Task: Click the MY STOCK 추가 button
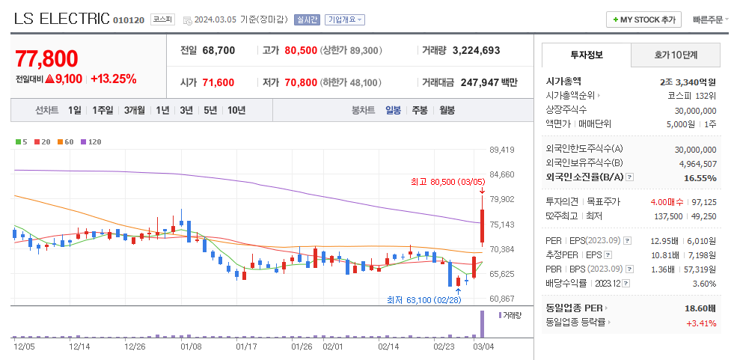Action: (x=643, y=19)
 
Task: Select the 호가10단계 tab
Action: (x=675, y=55)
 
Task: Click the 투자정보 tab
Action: (x=586, y=55)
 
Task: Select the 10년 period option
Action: (x=236, y=110)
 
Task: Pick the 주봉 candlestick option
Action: (x=420, y=110)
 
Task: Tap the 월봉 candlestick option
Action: (x=447, y=110)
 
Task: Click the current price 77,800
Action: (x=46, y=59)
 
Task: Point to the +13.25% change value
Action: (x=114, y=79)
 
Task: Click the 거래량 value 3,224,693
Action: (x=476, y=50)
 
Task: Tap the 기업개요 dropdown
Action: (x=344, y=19)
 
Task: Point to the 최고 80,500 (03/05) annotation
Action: (x=447, y=181)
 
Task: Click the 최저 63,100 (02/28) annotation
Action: (x=423, y=300)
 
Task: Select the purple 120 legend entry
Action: (x=91, y=141)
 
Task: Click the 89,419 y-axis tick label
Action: (x=501, y=150)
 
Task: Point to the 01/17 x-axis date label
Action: (x=246, y=347)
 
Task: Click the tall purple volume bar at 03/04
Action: (x=482, y=323)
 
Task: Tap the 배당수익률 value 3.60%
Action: (x=704, y=284)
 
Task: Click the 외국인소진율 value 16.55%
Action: (x=700, y=178)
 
